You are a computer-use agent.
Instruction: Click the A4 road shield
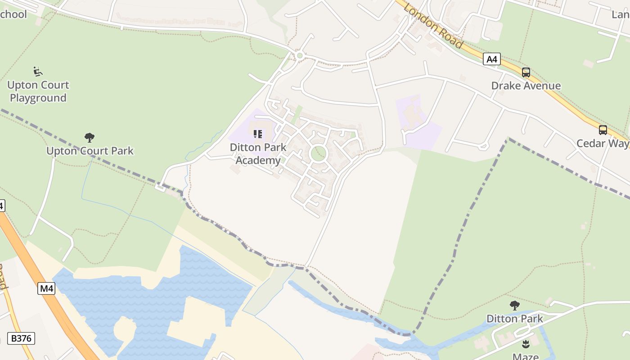[x=492, y=59]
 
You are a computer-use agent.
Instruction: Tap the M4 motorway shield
[x=46, y=288]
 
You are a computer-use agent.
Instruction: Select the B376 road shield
[x=21, y=338]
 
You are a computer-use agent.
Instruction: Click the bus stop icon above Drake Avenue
[x=526, y=72]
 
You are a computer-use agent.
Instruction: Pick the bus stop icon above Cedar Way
[x=603, y=130]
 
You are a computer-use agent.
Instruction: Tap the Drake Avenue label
[x=526, y=85]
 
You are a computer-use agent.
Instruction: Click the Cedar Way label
[x=603, y=144]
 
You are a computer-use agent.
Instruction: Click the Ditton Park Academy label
[x=258, y=154]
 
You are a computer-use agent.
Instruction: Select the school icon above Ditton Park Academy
[x=257, y=134]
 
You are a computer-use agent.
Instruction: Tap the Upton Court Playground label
[x=38, y=91]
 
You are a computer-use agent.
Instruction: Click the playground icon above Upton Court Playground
[x=38, y=71]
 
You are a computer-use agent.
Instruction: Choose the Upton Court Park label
[x=90, y=151]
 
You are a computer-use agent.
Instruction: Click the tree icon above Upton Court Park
[x=90, y=137]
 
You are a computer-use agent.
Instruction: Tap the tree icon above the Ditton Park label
[x=514, y=306]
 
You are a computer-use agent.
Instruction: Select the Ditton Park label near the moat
[x=514, y=319]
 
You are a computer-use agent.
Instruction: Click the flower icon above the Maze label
[x=525, y=345]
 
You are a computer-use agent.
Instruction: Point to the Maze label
[x=525, y=356]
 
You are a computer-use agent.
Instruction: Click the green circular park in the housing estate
[x=319, y=153]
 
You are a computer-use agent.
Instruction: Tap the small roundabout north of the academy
[x=300, y=56]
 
